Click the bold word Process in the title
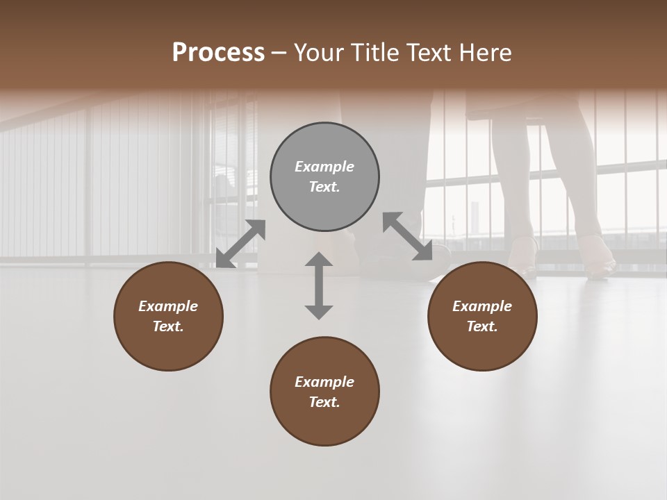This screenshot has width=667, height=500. (218, 53)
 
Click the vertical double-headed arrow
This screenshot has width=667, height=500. (319, 286)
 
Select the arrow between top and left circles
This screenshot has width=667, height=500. (241, 244)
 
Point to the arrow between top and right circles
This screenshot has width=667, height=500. (407, 237)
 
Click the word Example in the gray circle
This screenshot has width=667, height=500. (324, 167)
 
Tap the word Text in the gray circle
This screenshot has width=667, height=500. (323, 187)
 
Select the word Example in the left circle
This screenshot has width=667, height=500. (168, 306)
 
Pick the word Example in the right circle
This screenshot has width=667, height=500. (482, 306)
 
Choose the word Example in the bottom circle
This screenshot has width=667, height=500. (324, 382)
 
